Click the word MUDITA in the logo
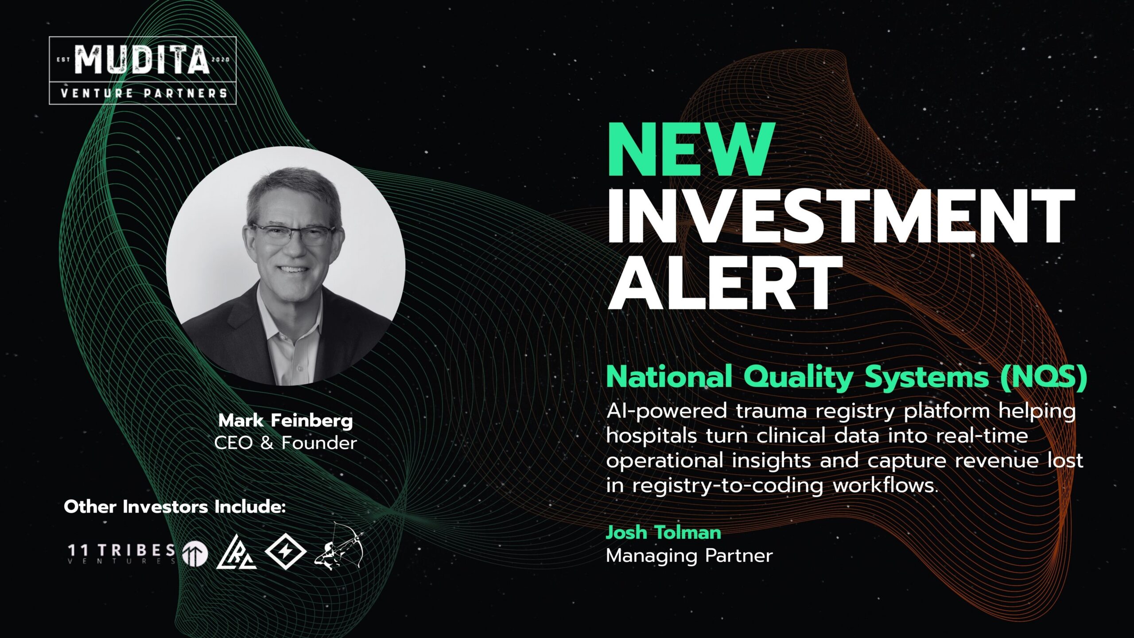(x=142, y=59)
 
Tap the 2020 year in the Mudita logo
(x=221, y=59)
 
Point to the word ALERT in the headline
(x=725, y=283)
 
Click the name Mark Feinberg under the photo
(x=286, y=421)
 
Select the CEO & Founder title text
(x=286, y=443)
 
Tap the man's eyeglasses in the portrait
(x=292, y=234)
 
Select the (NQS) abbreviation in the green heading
(x=1044, y=377)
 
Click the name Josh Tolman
(x=664, y=533)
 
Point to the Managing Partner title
(x=689, y=556)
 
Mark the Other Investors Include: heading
(x=175, y=506)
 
